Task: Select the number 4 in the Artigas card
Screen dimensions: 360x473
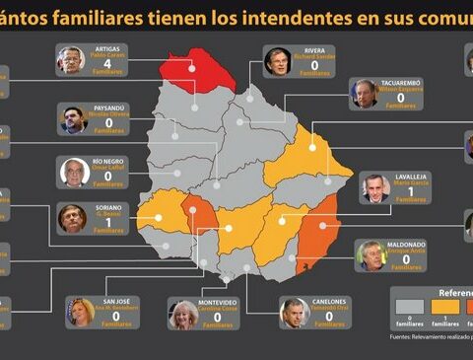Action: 107,65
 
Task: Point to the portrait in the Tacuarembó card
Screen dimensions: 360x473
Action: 366,95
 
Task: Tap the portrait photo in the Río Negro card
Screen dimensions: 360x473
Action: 75,173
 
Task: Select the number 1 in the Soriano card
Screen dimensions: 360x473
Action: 107,221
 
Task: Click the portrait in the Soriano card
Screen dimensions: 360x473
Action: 72,218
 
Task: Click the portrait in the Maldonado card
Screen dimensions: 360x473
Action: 371,255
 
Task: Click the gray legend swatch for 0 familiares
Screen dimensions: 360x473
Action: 408,307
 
